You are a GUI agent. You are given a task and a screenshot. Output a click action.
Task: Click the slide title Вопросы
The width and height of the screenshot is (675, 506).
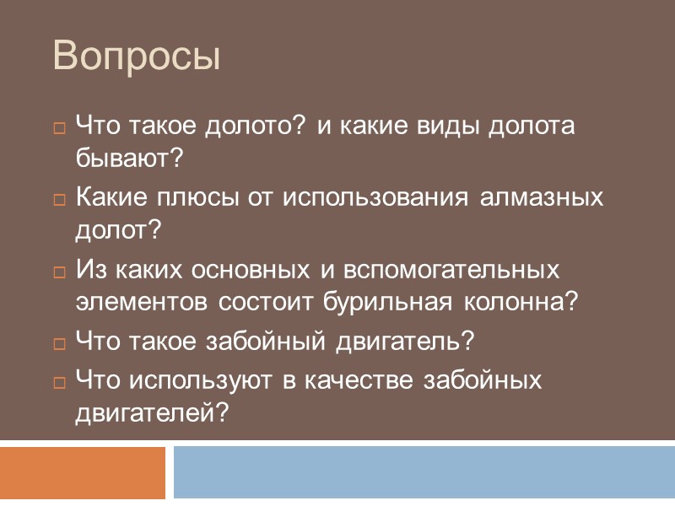coord(137,57)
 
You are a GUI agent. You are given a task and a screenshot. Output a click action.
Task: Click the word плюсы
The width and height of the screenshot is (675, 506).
coord(201,198)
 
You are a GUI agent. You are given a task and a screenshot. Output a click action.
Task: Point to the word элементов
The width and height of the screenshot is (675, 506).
coord(144,300)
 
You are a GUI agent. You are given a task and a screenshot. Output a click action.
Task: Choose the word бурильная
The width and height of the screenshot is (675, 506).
coord(394,300)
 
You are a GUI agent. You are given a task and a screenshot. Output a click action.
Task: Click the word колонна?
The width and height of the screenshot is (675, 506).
coord(522,300)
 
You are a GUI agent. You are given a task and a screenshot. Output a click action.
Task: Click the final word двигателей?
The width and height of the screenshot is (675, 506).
coord(152,411)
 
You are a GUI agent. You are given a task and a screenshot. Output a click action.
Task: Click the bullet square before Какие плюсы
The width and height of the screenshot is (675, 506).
coord(59,201)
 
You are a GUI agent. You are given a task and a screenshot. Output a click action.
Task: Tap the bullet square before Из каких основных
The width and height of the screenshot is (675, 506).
coord(59,272)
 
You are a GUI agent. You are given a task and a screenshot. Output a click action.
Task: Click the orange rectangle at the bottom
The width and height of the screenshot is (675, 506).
coord(82,472)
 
